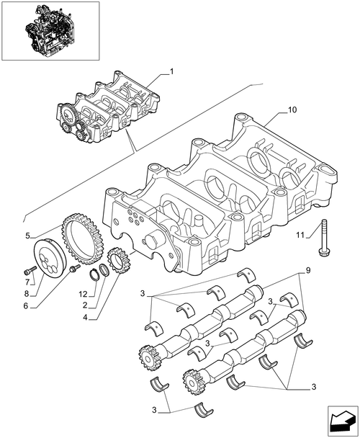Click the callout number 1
[172, 72]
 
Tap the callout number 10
[292, 109]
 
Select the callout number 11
[300, 235]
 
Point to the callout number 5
[27, 236]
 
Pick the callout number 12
[83, 294]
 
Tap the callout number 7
[27, 282]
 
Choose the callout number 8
[26, 294]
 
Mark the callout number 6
[26, 306]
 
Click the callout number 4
[85, 317]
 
